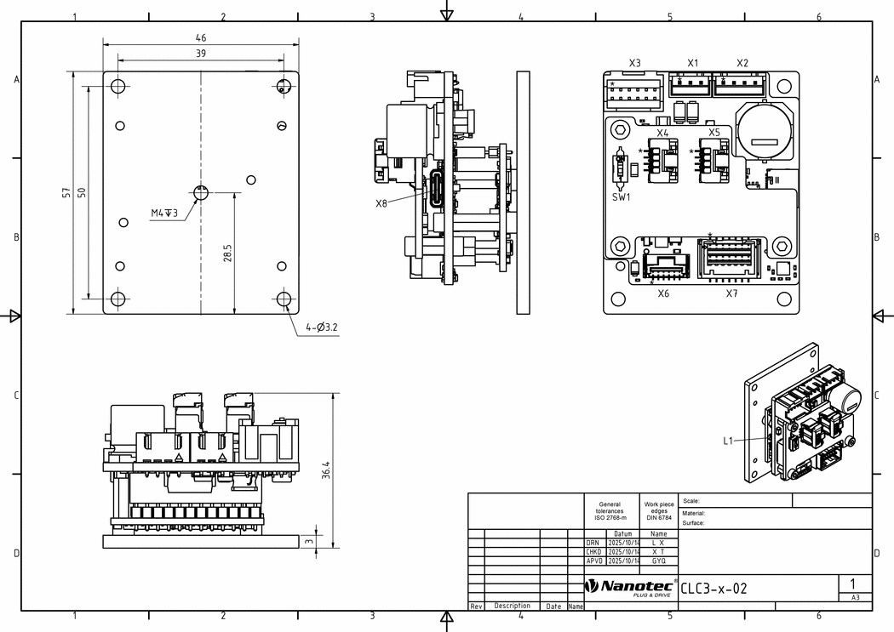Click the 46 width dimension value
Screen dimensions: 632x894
tap(201, 37)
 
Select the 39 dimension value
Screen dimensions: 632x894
tap(201, 54)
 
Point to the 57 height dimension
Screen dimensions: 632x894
tap(66, 193)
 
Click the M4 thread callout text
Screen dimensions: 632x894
tap(164, 213)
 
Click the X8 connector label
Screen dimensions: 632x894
tap(381, 203)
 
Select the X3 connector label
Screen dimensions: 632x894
tap(634, 63)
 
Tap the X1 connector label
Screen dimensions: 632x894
tap(692, 63)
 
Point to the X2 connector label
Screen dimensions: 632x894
tap(742, 63)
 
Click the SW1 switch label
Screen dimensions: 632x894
tap(622, 197)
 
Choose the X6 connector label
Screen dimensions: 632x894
tap(663, 293)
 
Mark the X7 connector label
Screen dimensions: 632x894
tap(731, 293)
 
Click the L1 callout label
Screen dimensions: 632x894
tap(728, 441)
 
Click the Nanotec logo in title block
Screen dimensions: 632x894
tap(630, 587)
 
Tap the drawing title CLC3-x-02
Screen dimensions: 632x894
tap(713, 588)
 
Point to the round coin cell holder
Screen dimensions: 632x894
tap(764, 130)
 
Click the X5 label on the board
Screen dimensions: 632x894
tap(713, 133)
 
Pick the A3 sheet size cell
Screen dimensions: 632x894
tap(855, 598)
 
